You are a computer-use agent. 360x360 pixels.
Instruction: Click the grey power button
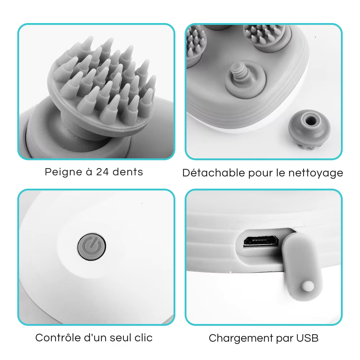[x=91, y=247]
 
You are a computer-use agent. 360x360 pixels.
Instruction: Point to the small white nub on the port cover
[x=308, y=286]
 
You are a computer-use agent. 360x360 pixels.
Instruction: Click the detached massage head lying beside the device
[x=309, y=129]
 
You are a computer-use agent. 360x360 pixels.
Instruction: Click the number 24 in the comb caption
[x=102, y=172]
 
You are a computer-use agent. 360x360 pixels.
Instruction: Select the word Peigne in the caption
[x=64, y=172]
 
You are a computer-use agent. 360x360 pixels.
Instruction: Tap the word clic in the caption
[x=144, y=338]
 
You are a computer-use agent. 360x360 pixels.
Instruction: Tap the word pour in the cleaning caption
[x=261, y=174]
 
